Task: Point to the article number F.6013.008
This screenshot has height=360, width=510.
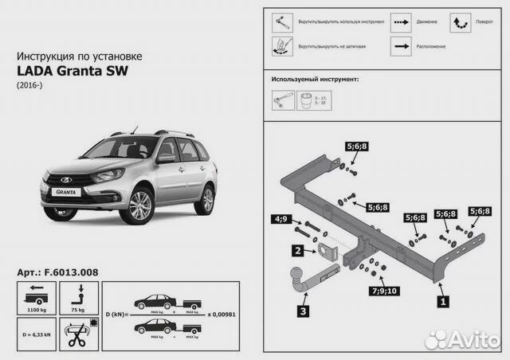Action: pyautogui.click(x=57, y=272)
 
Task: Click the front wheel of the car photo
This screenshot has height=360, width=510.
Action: pyautogui.click(x=140, y=205)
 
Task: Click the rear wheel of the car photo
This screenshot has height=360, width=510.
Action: pyautogui.click(x=206, y=199)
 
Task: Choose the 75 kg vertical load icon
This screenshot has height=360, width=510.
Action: pyautogui.click(x=78, y=297)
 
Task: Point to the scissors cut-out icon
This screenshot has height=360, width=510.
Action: pyautogui.click(x=77, y=333)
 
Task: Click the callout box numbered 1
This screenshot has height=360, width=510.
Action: pyautogui.click(x=444, y=301)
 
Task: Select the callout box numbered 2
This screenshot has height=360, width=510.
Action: pyautogui.click(x=296, y=251)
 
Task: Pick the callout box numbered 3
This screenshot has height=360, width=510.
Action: pyautogui.click(x=304, y=311)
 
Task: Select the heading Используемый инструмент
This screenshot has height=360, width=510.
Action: pyautogui.click(x=314, y=80)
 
